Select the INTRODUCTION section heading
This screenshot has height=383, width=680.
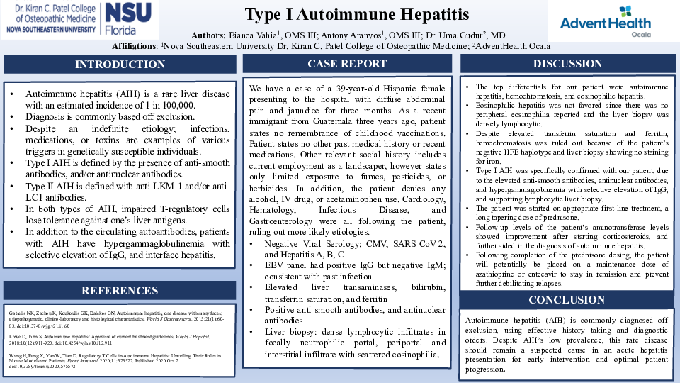click(x=120, y=65)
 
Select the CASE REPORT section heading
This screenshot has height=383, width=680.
click(x=347, y=64)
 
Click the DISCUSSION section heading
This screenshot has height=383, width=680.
click(x=567, y=64)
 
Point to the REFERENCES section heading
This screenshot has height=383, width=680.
click(x=120, y=291)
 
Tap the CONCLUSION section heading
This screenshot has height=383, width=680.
click(x=567, y=299)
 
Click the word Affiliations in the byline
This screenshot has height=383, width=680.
click(x=135, y=45)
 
